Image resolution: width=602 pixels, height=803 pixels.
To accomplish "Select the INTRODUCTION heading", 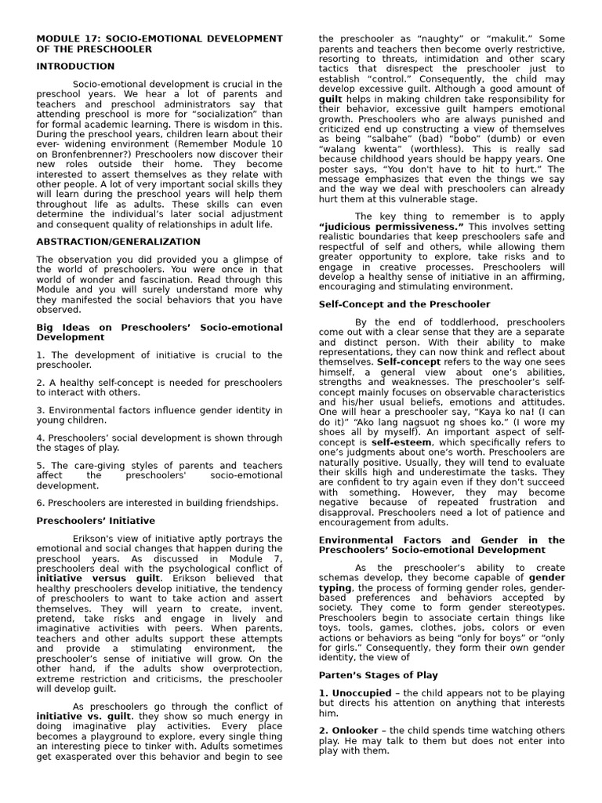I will (x=75, y=67).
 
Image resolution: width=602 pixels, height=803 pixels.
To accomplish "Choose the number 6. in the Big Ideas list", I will (x=41, y=503).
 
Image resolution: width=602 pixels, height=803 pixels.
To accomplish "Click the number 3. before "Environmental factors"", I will (x=41, y=410).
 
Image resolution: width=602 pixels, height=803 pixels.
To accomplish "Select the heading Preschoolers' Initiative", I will (x=96, y=521).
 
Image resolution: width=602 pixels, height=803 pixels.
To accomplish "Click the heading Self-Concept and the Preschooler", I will (x=404, y=304).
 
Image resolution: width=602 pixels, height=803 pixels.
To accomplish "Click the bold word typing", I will (x=335, y=587).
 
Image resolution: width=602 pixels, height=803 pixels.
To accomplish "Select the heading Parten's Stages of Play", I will (x=379, y=675).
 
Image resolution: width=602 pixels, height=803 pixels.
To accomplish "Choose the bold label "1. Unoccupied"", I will (x=355, y=693).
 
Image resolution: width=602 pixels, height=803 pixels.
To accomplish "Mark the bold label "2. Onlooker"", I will (x=348, y=730).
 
